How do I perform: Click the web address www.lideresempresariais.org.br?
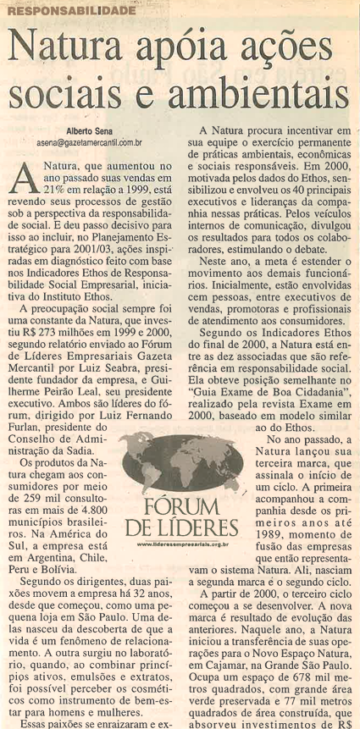point(183,546)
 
